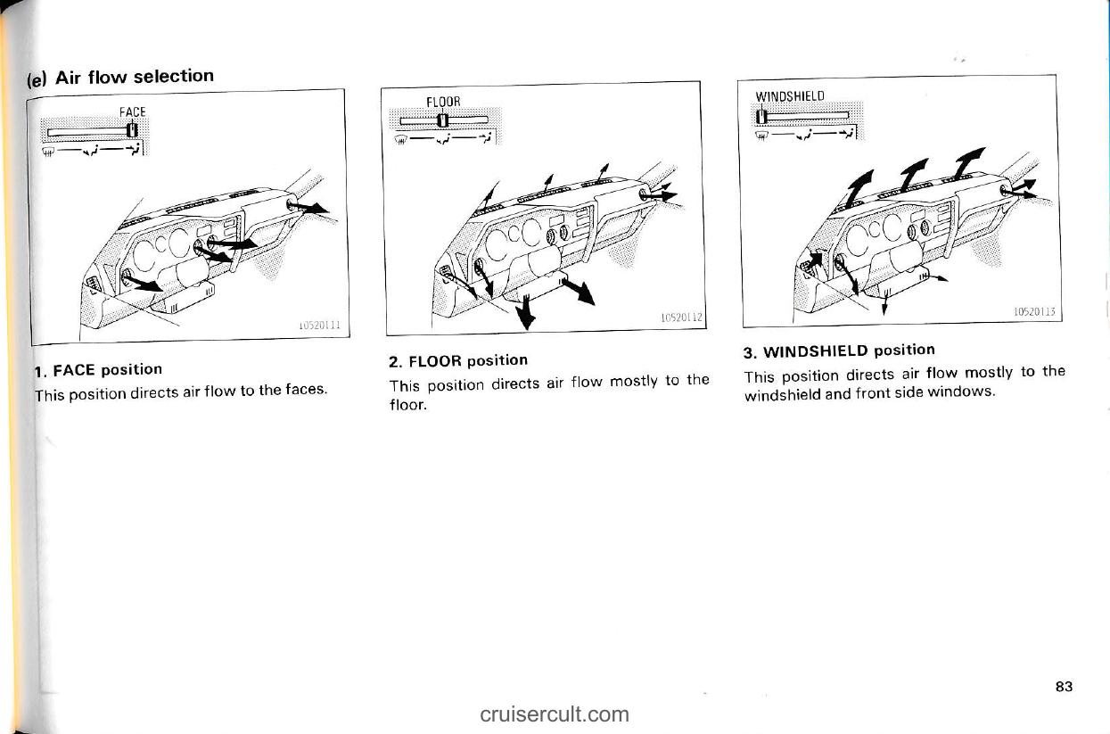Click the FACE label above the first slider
[132, 112]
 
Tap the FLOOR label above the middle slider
[443, 102]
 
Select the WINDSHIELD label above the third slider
[790, 95]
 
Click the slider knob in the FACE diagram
[132, 130]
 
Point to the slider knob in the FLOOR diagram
[443, 120]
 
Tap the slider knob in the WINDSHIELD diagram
[761, 117]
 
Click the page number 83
[1064, 687]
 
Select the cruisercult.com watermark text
[555, 714]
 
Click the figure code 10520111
[319, 326]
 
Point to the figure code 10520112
[682, 318]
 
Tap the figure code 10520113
[1035, 311]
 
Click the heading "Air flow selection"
[135, 77]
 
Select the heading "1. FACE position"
[98, 370]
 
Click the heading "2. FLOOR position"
[458, 360]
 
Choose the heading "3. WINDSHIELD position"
[839, 351]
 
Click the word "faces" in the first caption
[306, 390]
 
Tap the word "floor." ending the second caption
[407, 405]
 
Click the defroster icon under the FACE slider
[47, 152]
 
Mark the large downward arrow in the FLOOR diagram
[526, 312]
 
